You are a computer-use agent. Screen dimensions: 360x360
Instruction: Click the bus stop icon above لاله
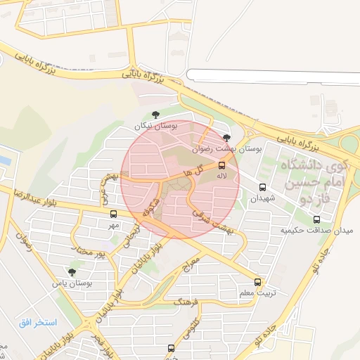pyautogui.click(x=222, y=165)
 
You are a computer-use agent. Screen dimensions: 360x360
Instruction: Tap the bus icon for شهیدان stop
pyautogui.click(x=263, y=188)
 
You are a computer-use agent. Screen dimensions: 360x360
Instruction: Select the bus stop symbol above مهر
pyautogui.click(x=113, y=214)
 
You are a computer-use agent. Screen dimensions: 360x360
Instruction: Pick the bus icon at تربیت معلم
pyautogui.click(x=258, y=282)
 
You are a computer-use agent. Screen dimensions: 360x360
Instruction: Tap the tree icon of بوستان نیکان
pyautogui.click(x=155, y=115)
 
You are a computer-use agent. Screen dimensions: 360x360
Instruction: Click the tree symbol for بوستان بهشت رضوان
pyautogui.click(x=226, y=139)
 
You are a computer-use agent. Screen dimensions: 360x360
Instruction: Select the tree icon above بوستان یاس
pyautogui.click(x=72, y=271)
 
